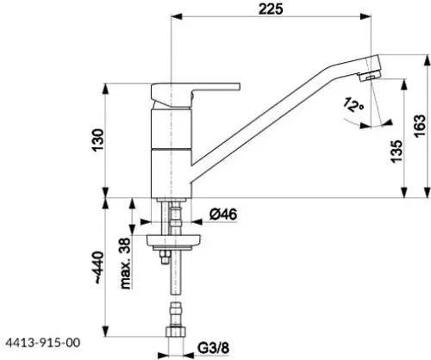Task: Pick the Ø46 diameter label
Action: coord(223,214)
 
